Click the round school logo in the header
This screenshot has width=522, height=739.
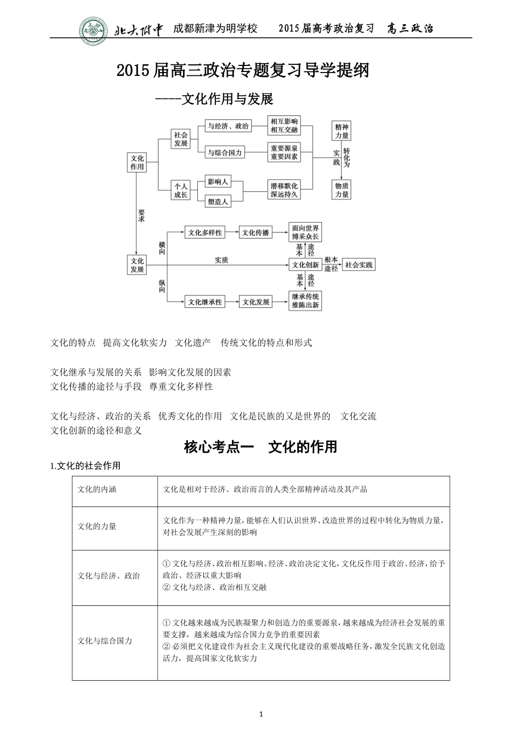(94, 29)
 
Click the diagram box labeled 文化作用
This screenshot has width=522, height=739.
(137, 162)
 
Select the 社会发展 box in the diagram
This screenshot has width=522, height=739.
(181, 139)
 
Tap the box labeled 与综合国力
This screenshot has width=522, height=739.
(225, 153)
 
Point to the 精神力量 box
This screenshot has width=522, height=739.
(342, 131)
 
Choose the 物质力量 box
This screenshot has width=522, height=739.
(342, 190)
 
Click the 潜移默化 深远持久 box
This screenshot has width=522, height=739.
(284, 190)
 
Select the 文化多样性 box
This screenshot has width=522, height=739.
(205, 233)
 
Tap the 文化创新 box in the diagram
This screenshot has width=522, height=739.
(306, 264)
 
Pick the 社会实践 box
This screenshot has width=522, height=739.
(359, 264)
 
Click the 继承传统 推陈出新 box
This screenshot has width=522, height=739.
(306, 301)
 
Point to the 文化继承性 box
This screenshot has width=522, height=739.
(205, 302)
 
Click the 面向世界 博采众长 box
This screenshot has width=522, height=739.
(306, 232)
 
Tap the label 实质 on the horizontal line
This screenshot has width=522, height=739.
(221, 260)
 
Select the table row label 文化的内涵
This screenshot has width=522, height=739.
(97, 489)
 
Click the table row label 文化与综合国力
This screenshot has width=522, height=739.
(105, 641)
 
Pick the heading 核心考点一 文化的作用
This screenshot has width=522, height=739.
(260, 447)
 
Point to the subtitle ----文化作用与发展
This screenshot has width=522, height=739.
(214, 99)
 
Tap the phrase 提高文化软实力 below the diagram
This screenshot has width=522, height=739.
(135, 343)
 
